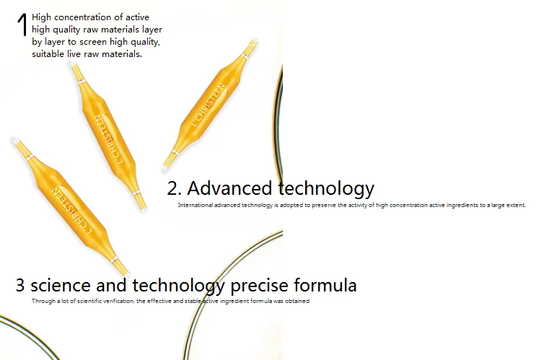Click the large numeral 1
coord(22,25)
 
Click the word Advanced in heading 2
coord(229,188)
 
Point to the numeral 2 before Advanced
coord(172,189)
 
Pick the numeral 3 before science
coord(20,286)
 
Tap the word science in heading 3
coord(61,286)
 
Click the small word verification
coord(119,301)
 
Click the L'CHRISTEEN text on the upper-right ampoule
coord(208,105)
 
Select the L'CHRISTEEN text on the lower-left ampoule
coord(72,211)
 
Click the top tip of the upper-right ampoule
coord(255,40)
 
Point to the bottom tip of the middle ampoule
coord(144,210)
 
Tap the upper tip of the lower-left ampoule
coord(16,141)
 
